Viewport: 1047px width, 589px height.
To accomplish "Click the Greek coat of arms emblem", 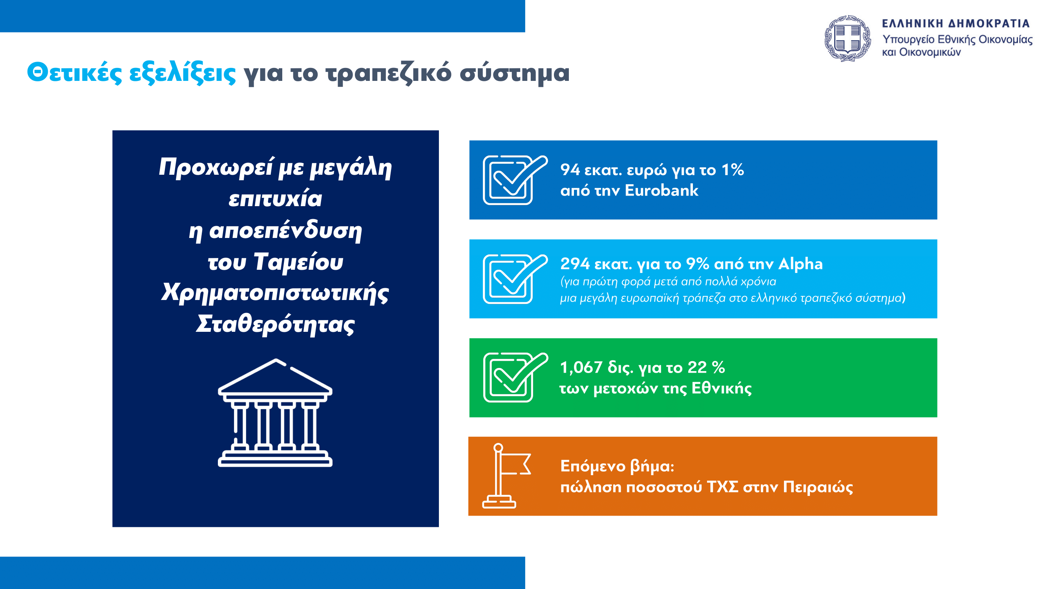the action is (848, 38).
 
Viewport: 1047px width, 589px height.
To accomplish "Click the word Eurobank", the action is (661, 190).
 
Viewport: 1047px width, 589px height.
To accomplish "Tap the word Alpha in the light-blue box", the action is (800, 264).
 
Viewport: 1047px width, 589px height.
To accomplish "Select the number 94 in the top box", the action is (570, 170).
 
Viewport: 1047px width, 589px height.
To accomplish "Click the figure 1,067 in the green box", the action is (581, 368).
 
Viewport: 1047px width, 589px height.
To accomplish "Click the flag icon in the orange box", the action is (506, 476).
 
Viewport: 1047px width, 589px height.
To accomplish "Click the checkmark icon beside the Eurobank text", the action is (515, 180).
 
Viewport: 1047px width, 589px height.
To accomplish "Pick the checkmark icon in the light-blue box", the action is (515, 279).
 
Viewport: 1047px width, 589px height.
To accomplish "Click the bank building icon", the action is (275, 413).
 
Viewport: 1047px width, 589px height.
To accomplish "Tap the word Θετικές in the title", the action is (74, 73).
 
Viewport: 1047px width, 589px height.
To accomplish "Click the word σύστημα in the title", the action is (515, 73).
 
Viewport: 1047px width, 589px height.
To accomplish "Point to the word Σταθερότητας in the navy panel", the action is (275, 324).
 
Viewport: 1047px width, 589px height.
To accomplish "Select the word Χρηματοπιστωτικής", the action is (275, 293).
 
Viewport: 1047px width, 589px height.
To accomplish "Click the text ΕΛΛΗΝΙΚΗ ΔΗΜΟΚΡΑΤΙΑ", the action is (956, 24).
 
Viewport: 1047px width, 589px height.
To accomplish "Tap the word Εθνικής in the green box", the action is (722, 388).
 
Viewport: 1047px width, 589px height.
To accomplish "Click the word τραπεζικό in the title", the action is (389, 73).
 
